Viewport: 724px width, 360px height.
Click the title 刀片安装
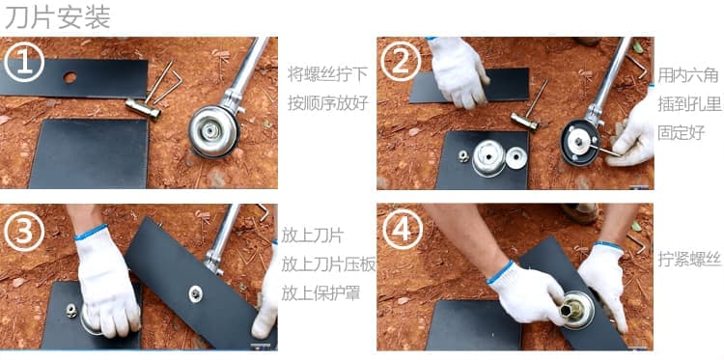coord(58,18)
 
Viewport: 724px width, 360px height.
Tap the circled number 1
coord(24,63)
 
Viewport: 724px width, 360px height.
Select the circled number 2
coord(401,62)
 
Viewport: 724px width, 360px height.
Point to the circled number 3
coord(24,231)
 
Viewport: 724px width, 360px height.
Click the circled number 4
coord(401,230)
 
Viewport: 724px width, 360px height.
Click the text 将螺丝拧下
coord(328,74)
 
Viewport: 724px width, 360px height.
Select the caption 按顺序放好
coord(328,103)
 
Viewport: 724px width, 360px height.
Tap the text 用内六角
coord(688,74)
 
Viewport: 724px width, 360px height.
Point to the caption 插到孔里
coord(689,104)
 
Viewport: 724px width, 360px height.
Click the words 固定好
coord(682,132)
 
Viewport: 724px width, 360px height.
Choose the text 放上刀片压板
coord(328,264)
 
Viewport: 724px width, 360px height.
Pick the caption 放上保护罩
coord(320,293)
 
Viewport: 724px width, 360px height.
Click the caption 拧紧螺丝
coord(689,260)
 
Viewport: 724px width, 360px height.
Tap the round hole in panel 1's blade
coord(70,77)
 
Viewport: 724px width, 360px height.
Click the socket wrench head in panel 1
coord(143,108)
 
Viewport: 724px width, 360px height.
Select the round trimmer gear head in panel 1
coord(213,131)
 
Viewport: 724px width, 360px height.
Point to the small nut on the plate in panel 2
coord(463,156)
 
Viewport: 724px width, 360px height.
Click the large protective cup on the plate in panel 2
coord(489,158)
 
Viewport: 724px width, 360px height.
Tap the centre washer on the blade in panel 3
coord(195,293)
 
